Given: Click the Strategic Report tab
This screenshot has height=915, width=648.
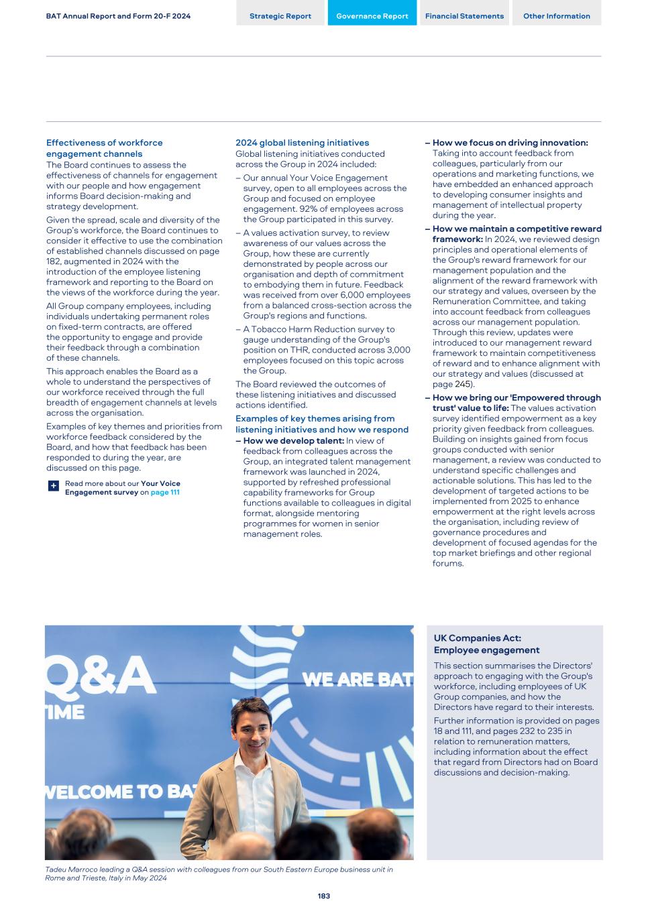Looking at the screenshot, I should [x=280, y=16].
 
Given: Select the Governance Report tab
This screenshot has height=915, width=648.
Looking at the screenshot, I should [x=372, y=16].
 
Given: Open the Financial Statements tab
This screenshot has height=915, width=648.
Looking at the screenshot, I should [x=464, y=16].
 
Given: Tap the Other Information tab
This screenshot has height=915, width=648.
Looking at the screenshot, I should [x=556, y=16].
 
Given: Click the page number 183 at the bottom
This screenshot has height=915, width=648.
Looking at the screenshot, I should [x=323, y=896].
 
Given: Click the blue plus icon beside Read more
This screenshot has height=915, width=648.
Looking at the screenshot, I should [x=54, y=485].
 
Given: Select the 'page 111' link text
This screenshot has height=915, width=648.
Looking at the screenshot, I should [x=165, y=492].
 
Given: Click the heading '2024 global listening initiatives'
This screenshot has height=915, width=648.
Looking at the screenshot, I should [x=302, y=143].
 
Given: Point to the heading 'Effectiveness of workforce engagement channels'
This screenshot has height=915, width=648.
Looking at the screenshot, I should [x=104, y=148].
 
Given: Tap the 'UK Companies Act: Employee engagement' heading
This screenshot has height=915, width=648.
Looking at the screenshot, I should [x=486, y=644].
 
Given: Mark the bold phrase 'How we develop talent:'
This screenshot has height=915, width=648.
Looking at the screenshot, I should [x=294, y=440].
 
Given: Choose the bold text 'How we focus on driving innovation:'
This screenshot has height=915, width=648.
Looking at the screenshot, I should [x=510, y=143].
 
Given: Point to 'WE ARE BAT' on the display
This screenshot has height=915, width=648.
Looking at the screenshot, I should [x=357, y=680].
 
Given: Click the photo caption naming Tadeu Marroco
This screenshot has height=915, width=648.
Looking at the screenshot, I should [x=219, y=873].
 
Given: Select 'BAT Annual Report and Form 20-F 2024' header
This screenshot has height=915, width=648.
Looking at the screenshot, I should [x=118, y=16].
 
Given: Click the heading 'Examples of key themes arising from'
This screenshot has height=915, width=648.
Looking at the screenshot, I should [x=315, y=418].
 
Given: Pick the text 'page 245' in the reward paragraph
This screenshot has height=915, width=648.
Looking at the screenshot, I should [x=452, y=384].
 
